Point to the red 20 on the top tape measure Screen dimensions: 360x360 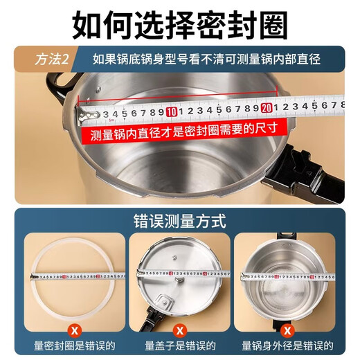(266, 108)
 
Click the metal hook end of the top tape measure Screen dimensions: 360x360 (89, 111)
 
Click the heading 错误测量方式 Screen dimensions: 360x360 (179, 222)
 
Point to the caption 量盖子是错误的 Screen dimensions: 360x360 (179, 346)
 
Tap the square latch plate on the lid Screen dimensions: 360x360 (167, 302)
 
